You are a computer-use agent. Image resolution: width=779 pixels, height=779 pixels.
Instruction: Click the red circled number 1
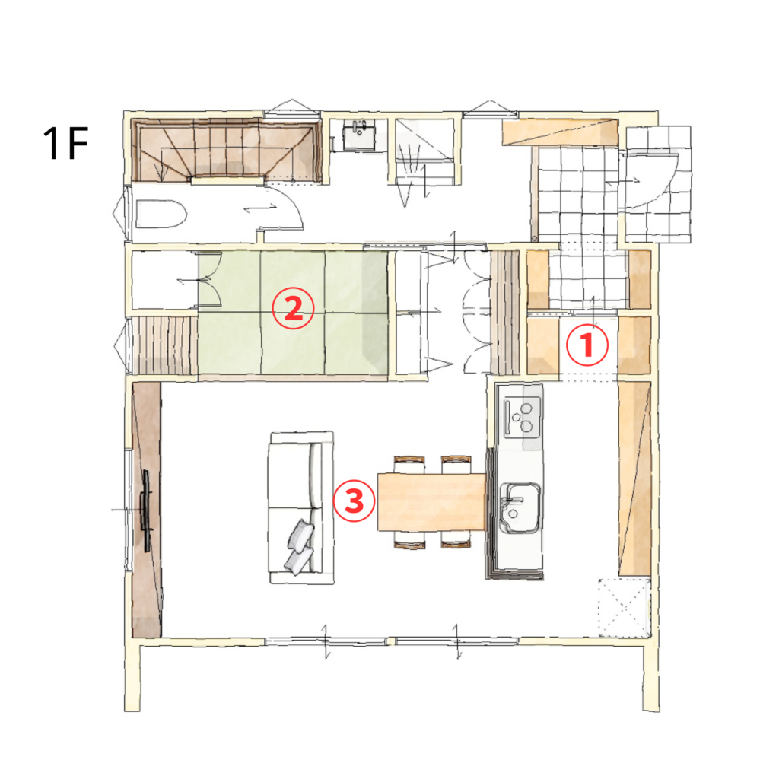coord(587,345)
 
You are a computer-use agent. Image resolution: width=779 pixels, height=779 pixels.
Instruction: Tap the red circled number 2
coord(293,308)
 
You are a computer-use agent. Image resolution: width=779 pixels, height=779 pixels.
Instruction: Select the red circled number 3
coord(354,501)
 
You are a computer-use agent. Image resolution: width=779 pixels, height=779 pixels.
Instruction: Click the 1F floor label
coord(65,143)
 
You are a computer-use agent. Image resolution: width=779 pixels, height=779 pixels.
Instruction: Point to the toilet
coord(161,214)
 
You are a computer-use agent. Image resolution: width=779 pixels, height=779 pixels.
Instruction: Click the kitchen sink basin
coord(519,507)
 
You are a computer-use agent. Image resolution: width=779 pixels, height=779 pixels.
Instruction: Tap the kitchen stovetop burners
coord(522,418)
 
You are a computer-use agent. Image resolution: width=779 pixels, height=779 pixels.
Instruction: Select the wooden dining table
coord(431,502)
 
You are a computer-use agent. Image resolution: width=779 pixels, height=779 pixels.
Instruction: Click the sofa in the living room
coord(301,507)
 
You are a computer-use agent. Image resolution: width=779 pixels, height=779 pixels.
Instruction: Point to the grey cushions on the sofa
coord(300,546)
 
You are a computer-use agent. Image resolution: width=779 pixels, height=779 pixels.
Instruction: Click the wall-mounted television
coord(147,510)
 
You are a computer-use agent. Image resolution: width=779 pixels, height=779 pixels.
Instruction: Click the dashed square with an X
coord(625,607)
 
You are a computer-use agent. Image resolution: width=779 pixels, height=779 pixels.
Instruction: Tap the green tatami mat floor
coord(293,312)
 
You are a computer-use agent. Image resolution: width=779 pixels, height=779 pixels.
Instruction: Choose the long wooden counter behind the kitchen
coord(634,479)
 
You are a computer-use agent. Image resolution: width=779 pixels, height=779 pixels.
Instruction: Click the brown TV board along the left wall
coord(147,509)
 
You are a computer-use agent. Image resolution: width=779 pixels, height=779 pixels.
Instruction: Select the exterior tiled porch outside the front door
coord(658,184)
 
